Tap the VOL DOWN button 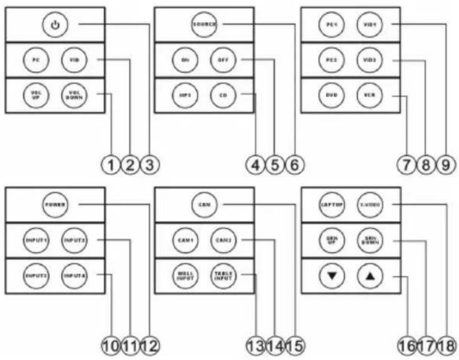coord(74,94)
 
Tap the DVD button coord(331,94)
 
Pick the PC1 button coord(331,24)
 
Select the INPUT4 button coord(74,273)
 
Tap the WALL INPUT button coord(184,273)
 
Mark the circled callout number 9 coord(444,165)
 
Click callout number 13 coord(256,345)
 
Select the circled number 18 coord(444,345)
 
